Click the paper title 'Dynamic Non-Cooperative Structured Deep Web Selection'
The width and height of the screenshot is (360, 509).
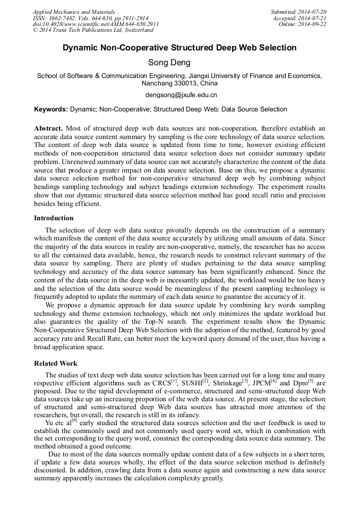tap(179, 48)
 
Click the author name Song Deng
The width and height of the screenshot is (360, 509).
tap(179, 63)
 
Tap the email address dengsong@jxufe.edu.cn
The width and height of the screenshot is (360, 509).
tap(181, 96)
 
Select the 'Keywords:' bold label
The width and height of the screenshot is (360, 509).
tap(51, 109)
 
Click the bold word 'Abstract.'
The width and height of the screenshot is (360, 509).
tap(49, 129)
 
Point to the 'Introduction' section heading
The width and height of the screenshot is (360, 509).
tap(54, 218)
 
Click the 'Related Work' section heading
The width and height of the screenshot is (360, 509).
tap(56, 364)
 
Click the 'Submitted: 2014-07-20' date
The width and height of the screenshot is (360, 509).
tap(298, 11)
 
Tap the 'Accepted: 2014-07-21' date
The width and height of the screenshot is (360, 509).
tap(301, 18)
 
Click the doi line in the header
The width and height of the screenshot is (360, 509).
tap(96, 24)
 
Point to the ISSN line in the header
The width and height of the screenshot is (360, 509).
tap(91, 18)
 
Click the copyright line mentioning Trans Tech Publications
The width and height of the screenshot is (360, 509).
tap(93, 30)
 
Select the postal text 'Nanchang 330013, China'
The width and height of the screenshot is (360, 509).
tap(179, 83)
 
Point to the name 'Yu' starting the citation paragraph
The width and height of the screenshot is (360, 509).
tap(50, 422)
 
